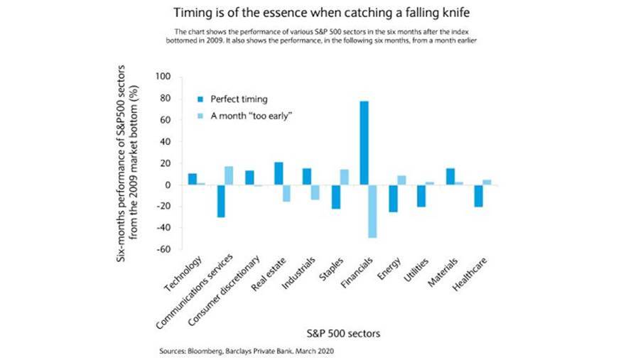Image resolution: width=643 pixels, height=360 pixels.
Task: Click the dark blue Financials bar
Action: coord(364,143)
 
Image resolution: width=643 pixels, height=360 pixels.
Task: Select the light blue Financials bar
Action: coord(372,211)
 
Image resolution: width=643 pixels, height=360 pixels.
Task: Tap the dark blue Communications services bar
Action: coord(221,201)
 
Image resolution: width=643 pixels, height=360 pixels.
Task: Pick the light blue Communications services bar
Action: coord(229,175)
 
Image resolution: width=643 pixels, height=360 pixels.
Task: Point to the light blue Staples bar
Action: coord(344,177)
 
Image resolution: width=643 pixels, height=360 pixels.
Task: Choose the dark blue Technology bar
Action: coord(193,179)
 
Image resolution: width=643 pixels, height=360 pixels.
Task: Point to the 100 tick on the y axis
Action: coord(163,77)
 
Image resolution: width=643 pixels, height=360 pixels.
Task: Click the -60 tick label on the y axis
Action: coord(163,250)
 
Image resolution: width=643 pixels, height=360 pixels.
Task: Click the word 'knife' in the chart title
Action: coord(458,13)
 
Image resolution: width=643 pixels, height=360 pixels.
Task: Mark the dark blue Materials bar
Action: coord(450,176)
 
